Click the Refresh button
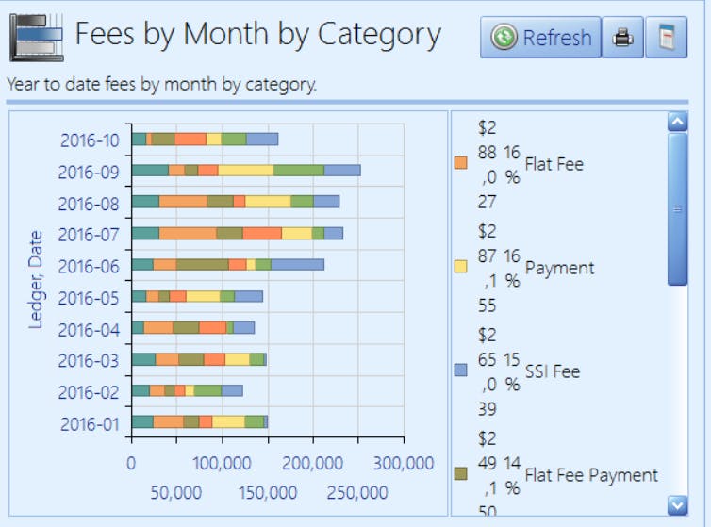(x=540, y=38)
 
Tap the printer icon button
(x=622, y=38)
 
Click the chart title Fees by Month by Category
(x=257, y=35)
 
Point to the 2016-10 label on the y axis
(x=90, y=140)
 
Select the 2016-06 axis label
(x=90, y=267)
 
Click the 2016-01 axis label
(x=90, y=424)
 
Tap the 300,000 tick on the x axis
(x=403, y=464)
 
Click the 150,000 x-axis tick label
(x=267, y=493)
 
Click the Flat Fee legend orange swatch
(x=461, y=163)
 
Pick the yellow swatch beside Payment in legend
(x=461, y=267)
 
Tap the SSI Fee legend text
(x=553, y=371)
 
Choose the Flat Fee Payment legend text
(x=591, y=475)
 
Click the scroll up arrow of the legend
(x=676, y=121)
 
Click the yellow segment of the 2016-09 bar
(x=246, y=171)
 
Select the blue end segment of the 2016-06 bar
(x=297, y=265)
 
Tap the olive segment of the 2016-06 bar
(x=202, y=265)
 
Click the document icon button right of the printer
(x=667, y=38)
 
